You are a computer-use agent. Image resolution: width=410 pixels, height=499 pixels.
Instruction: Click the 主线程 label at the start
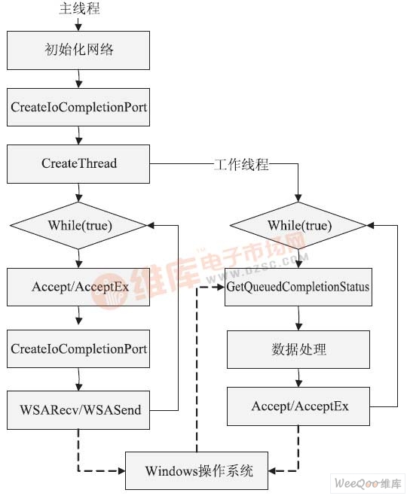tap(79, 9)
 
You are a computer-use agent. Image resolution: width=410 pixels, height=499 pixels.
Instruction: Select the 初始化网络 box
tap(79, 50)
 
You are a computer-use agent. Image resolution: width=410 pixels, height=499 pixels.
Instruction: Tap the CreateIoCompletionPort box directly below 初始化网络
tap(79, 108)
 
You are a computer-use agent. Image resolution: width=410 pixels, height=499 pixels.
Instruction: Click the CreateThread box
tap(79, 163)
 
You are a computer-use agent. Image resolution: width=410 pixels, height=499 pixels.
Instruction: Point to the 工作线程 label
tap(241, 164)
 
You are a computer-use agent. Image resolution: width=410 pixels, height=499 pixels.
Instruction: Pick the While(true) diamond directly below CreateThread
tap(79, 225)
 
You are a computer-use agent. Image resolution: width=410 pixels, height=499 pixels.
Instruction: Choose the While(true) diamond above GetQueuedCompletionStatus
tap(298, 225)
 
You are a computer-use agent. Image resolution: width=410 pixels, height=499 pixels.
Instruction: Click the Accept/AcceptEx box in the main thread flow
tap(79, 287)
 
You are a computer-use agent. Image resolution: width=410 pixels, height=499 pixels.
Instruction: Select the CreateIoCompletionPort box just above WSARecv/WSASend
tap(79, 348)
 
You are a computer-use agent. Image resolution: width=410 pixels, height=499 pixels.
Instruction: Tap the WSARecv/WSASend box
tap(79, 410)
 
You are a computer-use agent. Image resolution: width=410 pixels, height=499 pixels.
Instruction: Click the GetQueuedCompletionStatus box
tap(298, 287)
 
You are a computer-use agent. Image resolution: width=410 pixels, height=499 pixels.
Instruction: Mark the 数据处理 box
tap(298, 349)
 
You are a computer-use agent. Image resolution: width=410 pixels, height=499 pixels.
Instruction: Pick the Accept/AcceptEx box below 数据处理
tap(299, 406)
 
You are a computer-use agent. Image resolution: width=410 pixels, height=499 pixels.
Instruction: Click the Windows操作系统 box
tap(199, 472)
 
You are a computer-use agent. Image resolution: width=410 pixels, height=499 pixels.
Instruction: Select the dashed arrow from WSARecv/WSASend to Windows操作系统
tap(79, 452)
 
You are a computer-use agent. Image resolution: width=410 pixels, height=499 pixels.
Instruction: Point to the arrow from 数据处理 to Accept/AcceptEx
tap(298, 377)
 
